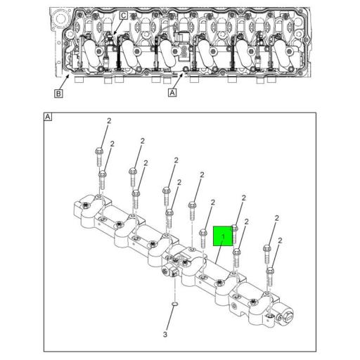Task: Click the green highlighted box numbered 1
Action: (x=224, y=237)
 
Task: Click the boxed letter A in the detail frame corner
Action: (x=47, y=117)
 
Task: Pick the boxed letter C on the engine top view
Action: (x=123, y=15)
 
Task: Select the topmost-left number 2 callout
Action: (x=109, y=122)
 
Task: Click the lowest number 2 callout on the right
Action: (x=280, y=241)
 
